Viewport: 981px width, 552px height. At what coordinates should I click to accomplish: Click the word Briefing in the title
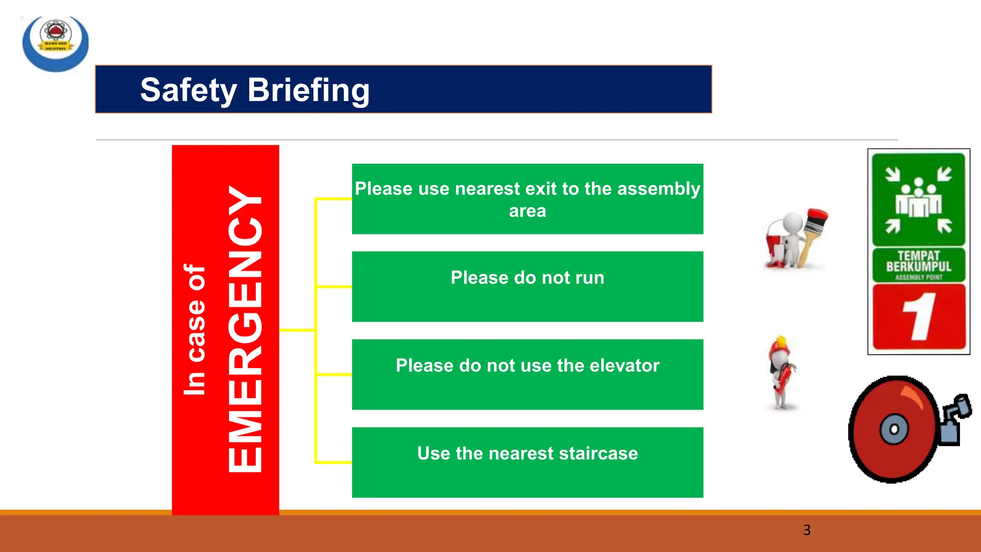pos(308,90)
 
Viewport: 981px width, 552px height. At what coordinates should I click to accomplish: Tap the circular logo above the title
pos(56,43)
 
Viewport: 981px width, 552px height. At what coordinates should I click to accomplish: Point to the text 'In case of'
pos(195,330)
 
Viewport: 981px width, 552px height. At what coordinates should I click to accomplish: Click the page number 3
pos(807,530)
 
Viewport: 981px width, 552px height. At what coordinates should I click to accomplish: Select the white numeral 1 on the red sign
pos(919,317)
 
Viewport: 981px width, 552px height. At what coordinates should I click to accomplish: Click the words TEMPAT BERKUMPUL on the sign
pos(918,261)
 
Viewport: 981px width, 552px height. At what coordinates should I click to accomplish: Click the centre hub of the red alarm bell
pos(894,429)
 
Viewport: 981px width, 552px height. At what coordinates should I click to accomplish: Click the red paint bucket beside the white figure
pos(775,247)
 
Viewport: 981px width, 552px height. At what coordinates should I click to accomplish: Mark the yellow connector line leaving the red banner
pos(297,330)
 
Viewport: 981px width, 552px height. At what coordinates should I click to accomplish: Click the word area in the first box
pos(527,211)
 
